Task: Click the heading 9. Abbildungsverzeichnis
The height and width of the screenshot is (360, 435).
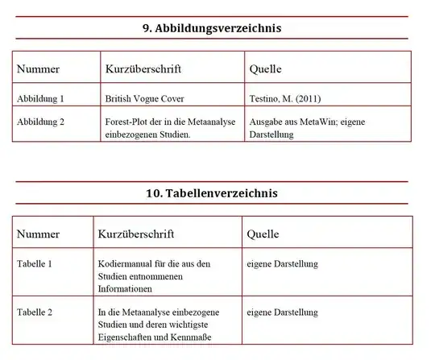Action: [212, 28]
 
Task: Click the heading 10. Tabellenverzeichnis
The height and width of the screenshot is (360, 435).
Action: [212, 193]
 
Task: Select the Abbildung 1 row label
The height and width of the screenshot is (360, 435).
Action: [40, 99]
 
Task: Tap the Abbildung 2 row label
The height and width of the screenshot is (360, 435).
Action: [40, 122]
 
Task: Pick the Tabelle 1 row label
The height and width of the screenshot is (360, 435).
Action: [35, 263]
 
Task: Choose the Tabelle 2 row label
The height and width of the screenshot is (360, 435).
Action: [35, 312]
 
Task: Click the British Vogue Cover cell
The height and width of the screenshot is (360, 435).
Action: [145, 99]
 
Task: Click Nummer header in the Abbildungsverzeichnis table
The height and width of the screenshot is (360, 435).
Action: [38, 69]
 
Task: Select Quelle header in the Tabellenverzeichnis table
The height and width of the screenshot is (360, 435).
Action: [263, 234]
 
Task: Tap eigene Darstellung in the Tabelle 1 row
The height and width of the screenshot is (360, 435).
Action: [282, 263]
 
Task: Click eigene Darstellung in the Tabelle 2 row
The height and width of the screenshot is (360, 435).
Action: [282, 312]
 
